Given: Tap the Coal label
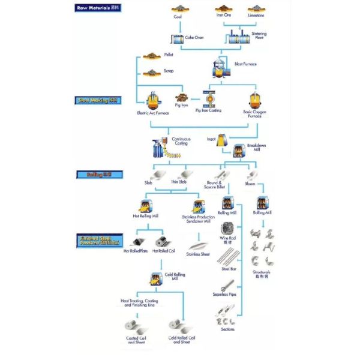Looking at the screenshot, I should point(178,17).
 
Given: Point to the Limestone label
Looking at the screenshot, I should point(256,16).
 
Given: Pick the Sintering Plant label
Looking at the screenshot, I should point(259,35).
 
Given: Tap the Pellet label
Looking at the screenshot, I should point(169,55).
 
